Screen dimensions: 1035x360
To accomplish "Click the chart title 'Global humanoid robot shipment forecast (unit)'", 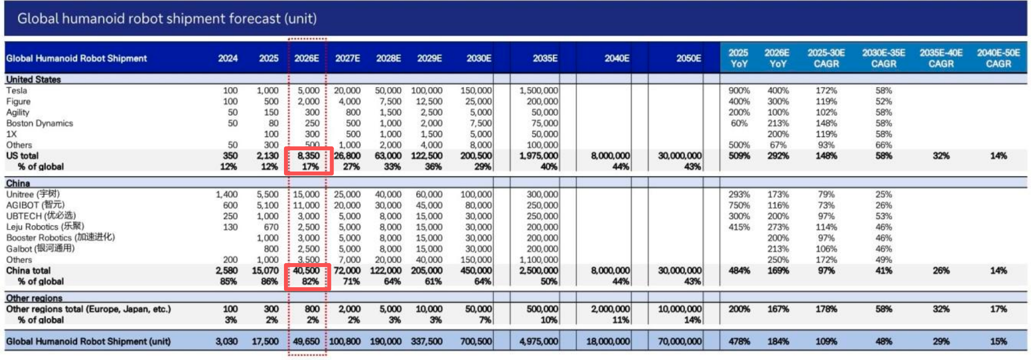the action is [167, 19].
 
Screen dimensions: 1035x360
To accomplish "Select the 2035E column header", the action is [545, 58].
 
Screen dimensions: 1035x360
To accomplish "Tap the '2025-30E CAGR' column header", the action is [826, 58].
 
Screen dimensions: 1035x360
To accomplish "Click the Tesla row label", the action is [17, 90].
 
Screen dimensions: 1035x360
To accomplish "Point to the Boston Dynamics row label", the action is [40, 123].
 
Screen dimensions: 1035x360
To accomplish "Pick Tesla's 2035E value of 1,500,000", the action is [538, 90].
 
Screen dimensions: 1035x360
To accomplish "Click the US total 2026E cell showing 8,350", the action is [308, 156].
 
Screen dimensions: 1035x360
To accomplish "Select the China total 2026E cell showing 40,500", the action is [306, 270].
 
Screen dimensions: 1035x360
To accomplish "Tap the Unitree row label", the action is [33, 194].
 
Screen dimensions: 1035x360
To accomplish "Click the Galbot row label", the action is [40, 249].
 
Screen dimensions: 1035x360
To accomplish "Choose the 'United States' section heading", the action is [33, 80].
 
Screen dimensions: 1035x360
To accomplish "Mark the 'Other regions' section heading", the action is [34, 298].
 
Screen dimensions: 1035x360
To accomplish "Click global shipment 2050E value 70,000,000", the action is [680, 341].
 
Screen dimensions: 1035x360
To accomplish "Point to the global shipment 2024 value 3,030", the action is [227, 341].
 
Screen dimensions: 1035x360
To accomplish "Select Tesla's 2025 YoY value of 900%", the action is [739, 90].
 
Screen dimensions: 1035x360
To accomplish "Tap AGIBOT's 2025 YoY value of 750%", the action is [739, 205].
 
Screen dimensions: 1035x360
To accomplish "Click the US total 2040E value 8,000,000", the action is [610, 156].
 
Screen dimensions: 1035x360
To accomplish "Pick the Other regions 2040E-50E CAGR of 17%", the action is [998, 309].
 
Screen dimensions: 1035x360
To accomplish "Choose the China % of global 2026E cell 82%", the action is [310, 281].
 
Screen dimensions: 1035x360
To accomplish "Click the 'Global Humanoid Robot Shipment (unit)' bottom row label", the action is [88, 341].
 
